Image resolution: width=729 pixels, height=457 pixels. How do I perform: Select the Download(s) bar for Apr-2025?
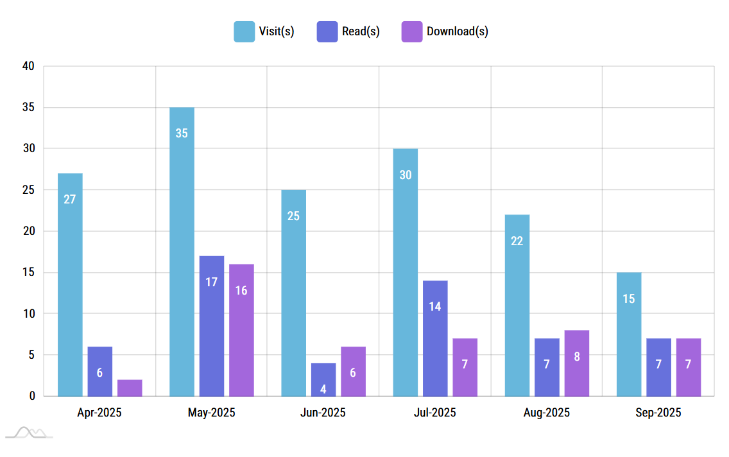tap(130, 388)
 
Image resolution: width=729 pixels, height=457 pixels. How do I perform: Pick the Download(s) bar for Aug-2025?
tap(577, 363)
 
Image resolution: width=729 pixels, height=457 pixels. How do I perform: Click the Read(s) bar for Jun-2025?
tap(323, 379)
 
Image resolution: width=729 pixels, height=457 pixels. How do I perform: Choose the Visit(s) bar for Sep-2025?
tap(629, 334)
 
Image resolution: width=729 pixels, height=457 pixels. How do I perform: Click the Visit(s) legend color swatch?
tap(244, 31)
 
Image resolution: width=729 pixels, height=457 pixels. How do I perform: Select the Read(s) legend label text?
tap(361, 31)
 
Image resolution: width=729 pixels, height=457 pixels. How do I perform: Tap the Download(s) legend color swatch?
tap(412, 31)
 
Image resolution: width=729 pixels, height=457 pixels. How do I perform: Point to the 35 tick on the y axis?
tap(28, 107)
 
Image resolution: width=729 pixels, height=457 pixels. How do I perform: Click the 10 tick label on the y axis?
tap(28, 314)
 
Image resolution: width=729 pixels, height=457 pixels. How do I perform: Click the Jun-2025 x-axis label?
tap(323, 413)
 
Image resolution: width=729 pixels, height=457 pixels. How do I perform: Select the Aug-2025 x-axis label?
tap(546, 413)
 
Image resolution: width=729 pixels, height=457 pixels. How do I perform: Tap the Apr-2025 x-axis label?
tap(99, 413)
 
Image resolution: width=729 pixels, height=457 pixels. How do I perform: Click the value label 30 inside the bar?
tap(406, 175)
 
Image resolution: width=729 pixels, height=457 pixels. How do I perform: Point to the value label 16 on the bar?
tap(241, 290)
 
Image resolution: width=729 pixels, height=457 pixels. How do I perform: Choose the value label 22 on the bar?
tap(517, 241)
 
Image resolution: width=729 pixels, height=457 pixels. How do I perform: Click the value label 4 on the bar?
tap(323, 389)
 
